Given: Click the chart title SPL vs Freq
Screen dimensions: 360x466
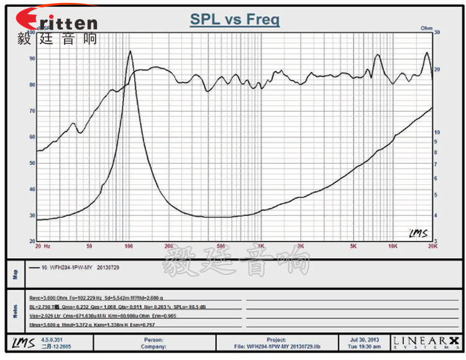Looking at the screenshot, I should pos(234,19).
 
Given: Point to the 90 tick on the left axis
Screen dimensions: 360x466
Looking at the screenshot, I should pos(32,58).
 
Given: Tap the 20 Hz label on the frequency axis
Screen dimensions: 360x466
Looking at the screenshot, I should pos(43,246).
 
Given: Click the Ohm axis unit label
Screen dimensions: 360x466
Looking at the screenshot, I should pos(426,28).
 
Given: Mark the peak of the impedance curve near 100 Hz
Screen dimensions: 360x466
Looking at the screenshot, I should pos(129,52).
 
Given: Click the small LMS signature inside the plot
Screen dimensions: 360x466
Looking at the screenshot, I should pos(418,233).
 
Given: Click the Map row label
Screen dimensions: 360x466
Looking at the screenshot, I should pos(16,274).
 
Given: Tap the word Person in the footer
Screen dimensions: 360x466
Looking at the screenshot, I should pos(153,340).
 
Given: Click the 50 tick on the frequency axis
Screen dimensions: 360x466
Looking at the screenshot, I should pos(89,246).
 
